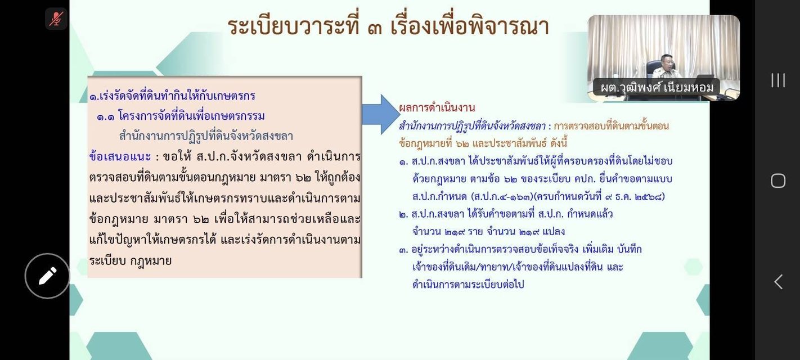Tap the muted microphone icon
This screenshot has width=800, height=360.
56,19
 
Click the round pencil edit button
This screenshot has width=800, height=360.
47,276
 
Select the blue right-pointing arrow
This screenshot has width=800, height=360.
381,114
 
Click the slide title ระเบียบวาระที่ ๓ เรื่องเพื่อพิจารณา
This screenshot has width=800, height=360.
388,26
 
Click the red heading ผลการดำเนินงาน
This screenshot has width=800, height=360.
437,107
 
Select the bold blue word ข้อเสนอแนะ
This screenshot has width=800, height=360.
120,157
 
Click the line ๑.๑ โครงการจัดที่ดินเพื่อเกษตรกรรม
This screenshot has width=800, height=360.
181,116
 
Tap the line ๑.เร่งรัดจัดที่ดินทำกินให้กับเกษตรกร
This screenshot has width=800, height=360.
172,96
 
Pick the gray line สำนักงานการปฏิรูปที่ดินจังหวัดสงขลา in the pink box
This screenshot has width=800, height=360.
206,136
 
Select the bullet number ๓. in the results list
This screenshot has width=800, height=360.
403,250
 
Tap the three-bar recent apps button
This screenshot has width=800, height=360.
778,80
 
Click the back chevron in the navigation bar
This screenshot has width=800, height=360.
779,282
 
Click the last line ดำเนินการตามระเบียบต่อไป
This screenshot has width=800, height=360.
468,285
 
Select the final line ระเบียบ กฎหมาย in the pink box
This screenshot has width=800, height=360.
131,260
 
